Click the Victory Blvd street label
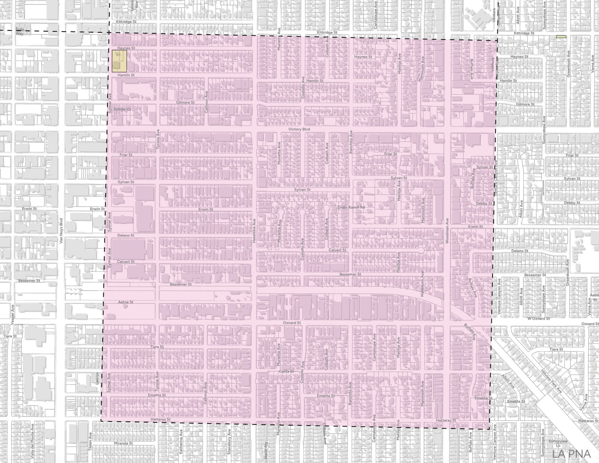click(x=299, y=129)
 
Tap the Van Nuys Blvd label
click(x=61, y=231)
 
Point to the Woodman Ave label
click(x=447, y=231)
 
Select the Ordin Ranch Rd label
click(x=351, y=207)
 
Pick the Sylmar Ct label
click(x=122, y=109)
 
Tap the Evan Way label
click(x=19, y=32)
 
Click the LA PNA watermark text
click(x=571, y=454)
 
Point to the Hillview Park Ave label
click(x=551, y=382)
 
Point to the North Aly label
click(x=266, y=450)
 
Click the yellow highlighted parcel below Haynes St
click(x=119, y=61)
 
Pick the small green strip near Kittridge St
click(x=561, y=37)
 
